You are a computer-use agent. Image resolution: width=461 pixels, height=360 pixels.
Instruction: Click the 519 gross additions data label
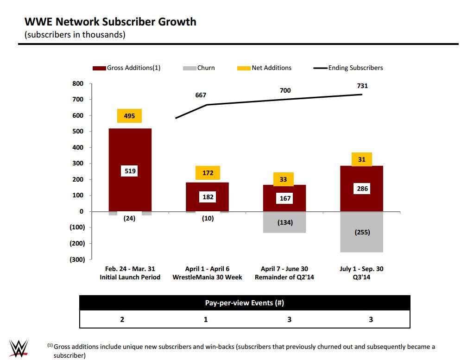[130, 171]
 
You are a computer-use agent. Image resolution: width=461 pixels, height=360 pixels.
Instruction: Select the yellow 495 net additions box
[130, 116]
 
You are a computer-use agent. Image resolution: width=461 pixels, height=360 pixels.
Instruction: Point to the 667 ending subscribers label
[201, 95]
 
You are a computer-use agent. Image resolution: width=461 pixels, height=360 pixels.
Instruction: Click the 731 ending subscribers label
[362, 86]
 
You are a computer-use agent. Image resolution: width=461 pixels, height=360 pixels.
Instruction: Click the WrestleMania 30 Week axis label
[207, 277]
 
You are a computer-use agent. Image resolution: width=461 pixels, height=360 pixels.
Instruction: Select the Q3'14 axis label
[361, 277]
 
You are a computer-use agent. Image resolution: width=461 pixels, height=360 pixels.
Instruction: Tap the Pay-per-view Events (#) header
[244, 303]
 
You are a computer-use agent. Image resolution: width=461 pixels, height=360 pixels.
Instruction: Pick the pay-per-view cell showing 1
[206, 319]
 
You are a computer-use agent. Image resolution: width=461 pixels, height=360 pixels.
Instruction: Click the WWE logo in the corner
[19, 348]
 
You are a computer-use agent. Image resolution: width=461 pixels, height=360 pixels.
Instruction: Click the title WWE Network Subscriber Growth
[110, 22]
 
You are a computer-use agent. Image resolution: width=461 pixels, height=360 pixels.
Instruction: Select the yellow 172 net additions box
[208, 173]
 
